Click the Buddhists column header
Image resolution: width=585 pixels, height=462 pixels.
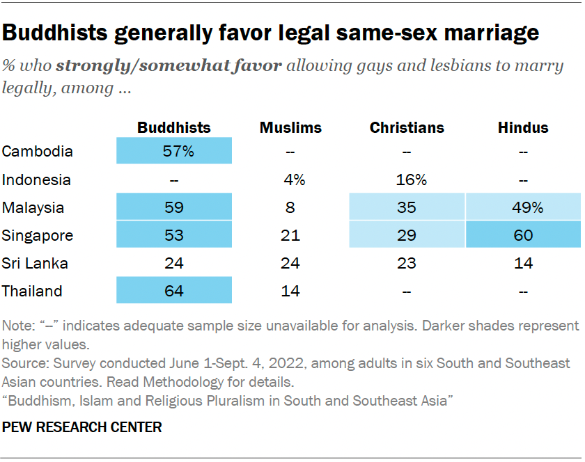coord(173,127)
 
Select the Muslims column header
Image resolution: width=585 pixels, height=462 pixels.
coord(290,127)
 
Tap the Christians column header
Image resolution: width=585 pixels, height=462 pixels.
coord(407,127)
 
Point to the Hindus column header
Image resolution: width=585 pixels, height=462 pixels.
coord(523,127)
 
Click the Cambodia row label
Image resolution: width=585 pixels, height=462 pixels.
coord(37,151)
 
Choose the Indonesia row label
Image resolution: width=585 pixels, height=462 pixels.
coord(37,180)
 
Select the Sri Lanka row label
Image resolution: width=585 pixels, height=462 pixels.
coord(36,263)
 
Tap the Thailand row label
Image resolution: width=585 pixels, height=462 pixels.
coord(32,291)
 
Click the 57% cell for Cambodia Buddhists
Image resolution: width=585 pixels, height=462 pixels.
coord(173,151)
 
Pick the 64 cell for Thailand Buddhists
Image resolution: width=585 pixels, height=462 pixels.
coord(173,291)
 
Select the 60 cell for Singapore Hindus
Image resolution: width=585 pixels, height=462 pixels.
coord(523,235)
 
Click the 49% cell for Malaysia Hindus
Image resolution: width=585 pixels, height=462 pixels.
coord(523,207)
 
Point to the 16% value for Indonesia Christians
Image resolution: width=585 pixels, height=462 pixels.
coord(407,180)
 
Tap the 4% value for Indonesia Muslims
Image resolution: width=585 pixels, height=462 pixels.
coord(290,180)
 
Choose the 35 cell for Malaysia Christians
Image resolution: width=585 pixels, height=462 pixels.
coord(407,207)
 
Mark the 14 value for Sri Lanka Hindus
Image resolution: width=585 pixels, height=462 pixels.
coord(523,263)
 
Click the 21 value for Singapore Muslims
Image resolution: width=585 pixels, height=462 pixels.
coord(290,235)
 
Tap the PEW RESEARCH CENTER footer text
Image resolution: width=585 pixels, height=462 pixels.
coord(82,427)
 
